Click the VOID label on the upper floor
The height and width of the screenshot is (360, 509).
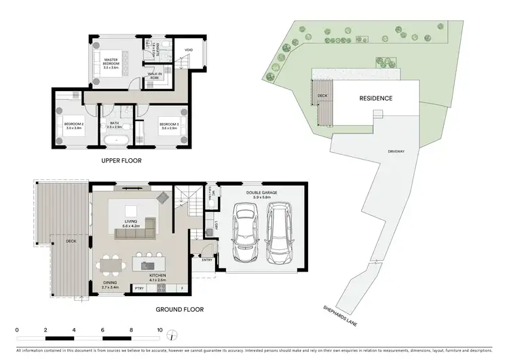(x=179, y=49)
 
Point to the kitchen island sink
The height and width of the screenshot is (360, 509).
(x=148, y=260)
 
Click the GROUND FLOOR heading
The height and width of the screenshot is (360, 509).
(x=181, y=310)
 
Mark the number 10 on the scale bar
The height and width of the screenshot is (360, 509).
(x=159, y=329)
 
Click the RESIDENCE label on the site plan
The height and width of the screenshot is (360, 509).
(x=375, y=98)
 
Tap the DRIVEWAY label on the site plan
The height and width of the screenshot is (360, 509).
(x=397, y=151)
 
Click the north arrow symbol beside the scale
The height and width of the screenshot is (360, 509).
(x=175, y=334)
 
